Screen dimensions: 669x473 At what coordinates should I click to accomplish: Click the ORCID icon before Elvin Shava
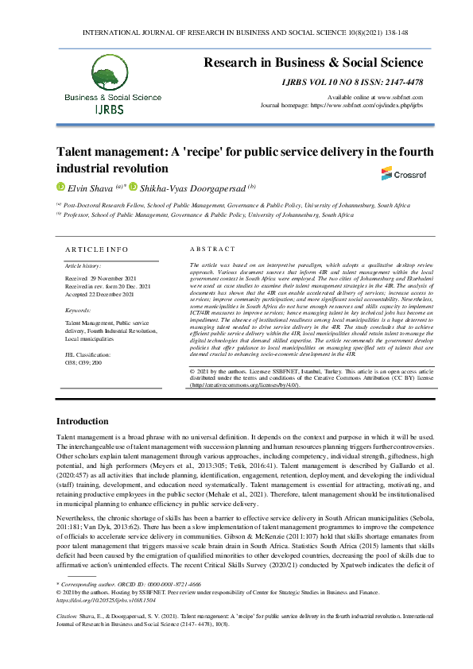60,188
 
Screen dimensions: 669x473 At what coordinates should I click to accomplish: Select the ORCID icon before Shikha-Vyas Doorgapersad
134,188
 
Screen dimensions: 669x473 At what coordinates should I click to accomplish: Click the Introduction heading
83,420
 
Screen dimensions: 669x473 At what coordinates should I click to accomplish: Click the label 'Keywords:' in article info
78,310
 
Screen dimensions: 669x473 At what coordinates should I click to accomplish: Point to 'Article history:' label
83,265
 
